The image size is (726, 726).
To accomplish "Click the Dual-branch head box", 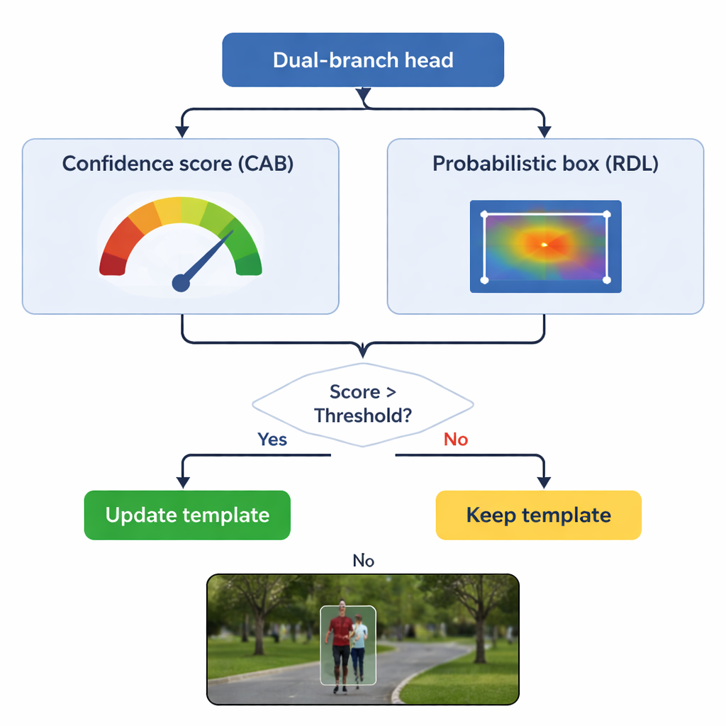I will (363, 60).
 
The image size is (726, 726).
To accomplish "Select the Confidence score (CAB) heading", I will (178, 164).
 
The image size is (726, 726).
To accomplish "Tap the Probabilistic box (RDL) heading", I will (545, 164).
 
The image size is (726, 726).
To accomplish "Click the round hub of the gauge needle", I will (181, 283).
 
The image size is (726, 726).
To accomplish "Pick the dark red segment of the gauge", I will (112, 263).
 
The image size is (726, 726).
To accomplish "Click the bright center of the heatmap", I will (544, 245).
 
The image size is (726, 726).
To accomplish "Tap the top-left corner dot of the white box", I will (485, 213).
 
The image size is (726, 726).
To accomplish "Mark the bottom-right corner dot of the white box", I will (606, 281).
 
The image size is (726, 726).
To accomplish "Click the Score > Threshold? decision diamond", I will (363, 404).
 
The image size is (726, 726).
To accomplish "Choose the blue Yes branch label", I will (272, 440).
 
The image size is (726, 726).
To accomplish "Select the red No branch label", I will (456, 440).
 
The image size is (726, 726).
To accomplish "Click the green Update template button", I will (187, 515).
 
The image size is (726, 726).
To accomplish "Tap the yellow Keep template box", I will (538, 515).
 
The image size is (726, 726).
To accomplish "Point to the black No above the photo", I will (363, 561).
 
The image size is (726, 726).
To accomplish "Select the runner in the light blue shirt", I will (359, 645).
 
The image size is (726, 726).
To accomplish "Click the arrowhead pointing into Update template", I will (182, 483).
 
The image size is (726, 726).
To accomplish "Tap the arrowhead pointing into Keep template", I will (544, 483).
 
